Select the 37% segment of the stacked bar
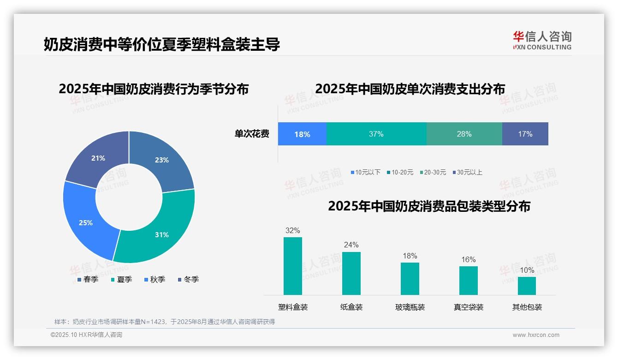click(376, 134)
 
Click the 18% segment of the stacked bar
click(302, 134)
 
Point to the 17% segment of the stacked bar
click(525, 134)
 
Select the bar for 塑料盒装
click(292, 266)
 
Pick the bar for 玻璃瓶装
click(410, 279)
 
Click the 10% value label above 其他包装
click(527, 270)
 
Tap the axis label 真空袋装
click(468, 307)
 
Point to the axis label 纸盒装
click(351, 307)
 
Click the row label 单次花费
click(252, 134)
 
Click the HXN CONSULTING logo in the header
click(542, 41)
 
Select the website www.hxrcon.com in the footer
click(535, 335)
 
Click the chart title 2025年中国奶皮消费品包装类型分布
click(429, 206)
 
